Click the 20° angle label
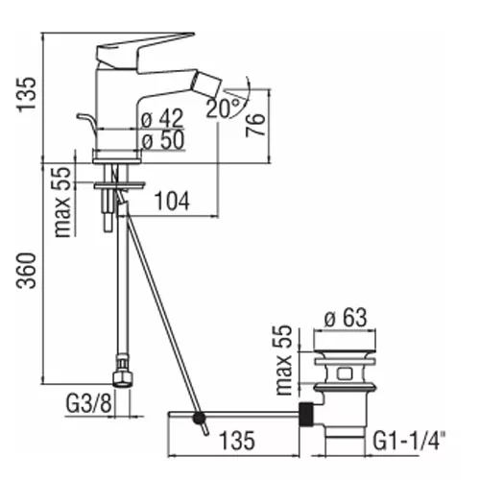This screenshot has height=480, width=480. click(x=223, y=108)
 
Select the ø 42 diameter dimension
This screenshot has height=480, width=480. click(x=162, y=118)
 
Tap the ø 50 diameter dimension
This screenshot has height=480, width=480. click(x=163, y=140)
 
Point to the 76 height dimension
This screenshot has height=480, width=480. click(x=255, y=125)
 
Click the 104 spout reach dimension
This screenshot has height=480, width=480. click(x=172, y=201)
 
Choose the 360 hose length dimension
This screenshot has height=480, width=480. click(x=27, y=271)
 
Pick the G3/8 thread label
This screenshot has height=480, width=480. click(x=89, y=403)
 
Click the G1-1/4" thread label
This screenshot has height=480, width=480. click(x=409, y=440)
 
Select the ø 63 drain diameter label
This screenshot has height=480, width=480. click(x=346, y=318)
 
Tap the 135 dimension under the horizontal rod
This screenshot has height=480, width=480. click(x=237, y=440)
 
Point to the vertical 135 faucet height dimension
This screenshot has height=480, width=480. click(x=27, y=94)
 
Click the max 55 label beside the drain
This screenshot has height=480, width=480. click(x=284, y=360)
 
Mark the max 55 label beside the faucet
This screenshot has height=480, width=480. click(x=62, y=203)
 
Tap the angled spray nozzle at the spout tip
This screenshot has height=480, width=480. click(x=206, y=84)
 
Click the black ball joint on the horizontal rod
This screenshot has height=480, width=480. click(x=200, y=418)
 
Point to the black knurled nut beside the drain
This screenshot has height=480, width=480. click(x=306, y=414)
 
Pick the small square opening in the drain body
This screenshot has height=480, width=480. click(x=344, y=373)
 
